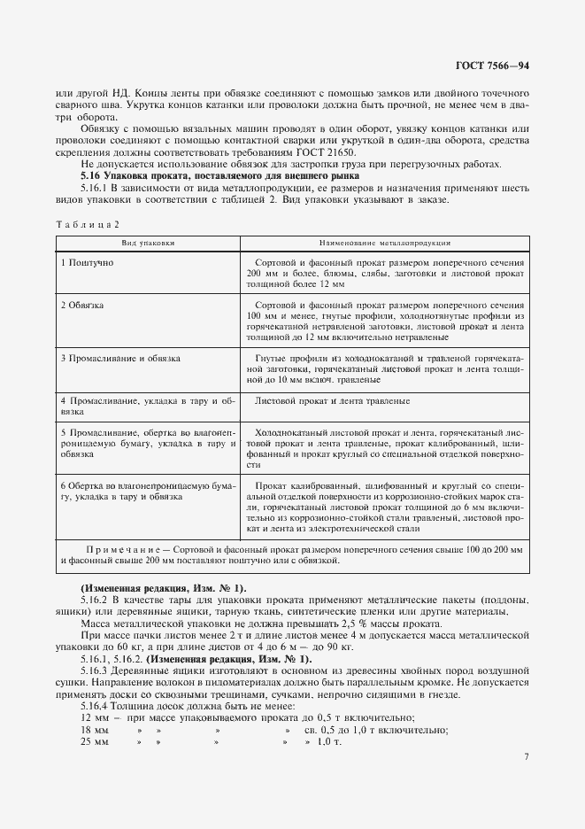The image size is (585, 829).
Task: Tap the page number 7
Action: coord(527,757)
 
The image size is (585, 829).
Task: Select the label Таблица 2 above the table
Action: coord(87,225)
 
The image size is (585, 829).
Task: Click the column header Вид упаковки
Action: coord(149,242)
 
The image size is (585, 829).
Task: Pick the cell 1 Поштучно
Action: coord(87,264)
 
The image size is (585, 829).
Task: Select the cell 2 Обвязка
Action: coord(82,305)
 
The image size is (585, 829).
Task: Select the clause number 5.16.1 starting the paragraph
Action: coord(95,188)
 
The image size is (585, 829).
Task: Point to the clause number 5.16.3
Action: coord(95,670)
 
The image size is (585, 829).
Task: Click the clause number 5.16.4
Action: coord(95,705)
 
